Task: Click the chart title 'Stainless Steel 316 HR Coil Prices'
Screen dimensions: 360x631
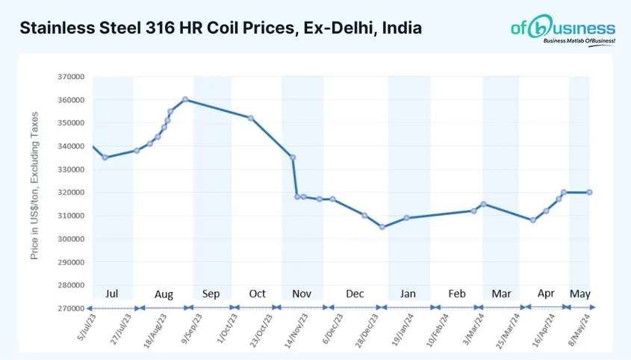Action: (x=220, y=28)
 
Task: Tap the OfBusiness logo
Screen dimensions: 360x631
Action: (x=563, y=29)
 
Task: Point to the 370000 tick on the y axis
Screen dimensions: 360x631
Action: (x=72, y=77)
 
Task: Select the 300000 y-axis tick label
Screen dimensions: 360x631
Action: (x=72, y=239)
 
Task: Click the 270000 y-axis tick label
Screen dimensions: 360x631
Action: (x=72, y=308)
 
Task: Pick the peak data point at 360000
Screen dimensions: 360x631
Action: (x=185, y=99)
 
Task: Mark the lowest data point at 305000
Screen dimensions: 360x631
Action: (x=382, y=227)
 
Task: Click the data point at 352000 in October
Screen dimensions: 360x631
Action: (x=251, y=118)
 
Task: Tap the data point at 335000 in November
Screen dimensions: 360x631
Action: (x=293, y=158)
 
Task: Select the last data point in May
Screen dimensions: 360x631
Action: (x=590, y=192)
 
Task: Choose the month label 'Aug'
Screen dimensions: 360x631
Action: (x=164, y=294)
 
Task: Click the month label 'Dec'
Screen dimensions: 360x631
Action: (x=355, y=294)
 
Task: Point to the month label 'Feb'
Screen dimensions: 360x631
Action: (x=457, y=294)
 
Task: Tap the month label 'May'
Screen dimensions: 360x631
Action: (x=579, y=294)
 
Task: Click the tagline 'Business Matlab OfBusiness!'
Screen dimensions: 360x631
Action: (x=579, y=43)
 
